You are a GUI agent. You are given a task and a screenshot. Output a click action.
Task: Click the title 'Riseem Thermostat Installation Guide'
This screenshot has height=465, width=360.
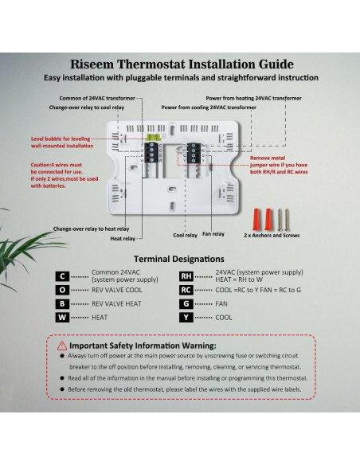tap(182, 64)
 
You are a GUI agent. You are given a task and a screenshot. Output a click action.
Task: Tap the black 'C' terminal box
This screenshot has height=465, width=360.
tap(61, 276)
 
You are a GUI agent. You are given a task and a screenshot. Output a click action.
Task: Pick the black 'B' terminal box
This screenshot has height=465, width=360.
tap(61, 303)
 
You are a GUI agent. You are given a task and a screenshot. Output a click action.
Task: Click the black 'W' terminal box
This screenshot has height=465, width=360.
tap(61, 317)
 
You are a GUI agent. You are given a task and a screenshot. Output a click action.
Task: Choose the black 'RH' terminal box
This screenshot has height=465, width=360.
tap(186, 276)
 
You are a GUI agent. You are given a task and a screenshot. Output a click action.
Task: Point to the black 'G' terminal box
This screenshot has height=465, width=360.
tap(186, 303)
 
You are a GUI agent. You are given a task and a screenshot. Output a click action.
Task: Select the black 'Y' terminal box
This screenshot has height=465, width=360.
tap(186, 317)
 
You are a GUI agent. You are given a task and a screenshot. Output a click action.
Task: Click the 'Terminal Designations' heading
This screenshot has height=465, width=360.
tap(178, 259)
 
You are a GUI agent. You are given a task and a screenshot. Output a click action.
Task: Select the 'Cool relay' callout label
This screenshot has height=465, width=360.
tap(185, 235)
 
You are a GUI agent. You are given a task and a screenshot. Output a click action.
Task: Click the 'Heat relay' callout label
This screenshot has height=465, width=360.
tap(123, 238)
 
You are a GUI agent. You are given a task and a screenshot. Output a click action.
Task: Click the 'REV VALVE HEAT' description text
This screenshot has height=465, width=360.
tap(118, 303)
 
